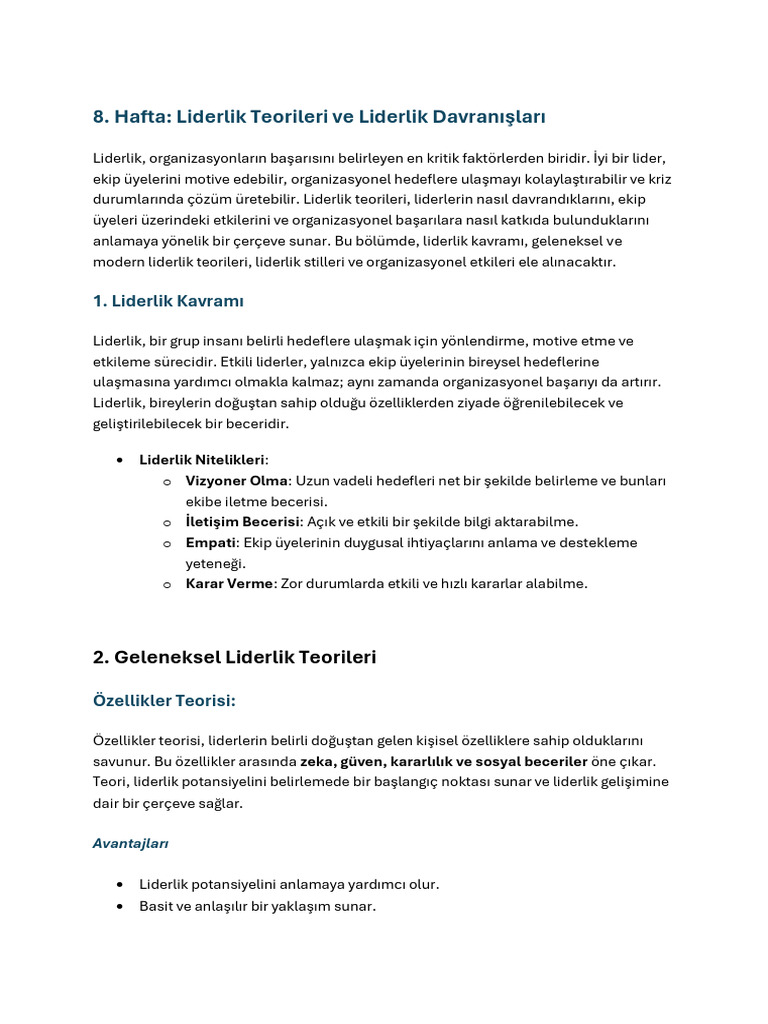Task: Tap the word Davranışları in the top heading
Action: point(489,117)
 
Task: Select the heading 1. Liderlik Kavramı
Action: point(168,301)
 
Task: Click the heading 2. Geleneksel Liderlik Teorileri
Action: point(234,657)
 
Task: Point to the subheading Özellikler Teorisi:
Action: point(164,701)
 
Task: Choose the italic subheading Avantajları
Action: point(130,843)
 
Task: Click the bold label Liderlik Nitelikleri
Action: point(202,460)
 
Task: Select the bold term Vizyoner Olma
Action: point(236,481)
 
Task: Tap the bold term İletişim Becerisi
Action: point(243,522)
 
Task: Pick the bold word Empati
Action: point(210,542)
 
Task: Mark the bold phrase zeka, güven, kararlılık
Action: point(377,761)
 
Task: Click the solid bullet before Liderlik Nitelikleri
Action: point(120,460)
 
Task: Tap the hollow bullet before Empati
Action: point(167,543)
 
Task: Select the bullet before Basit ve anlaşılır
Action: point(120,906)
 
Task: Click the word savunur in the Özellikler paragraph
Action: point(119,761)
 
